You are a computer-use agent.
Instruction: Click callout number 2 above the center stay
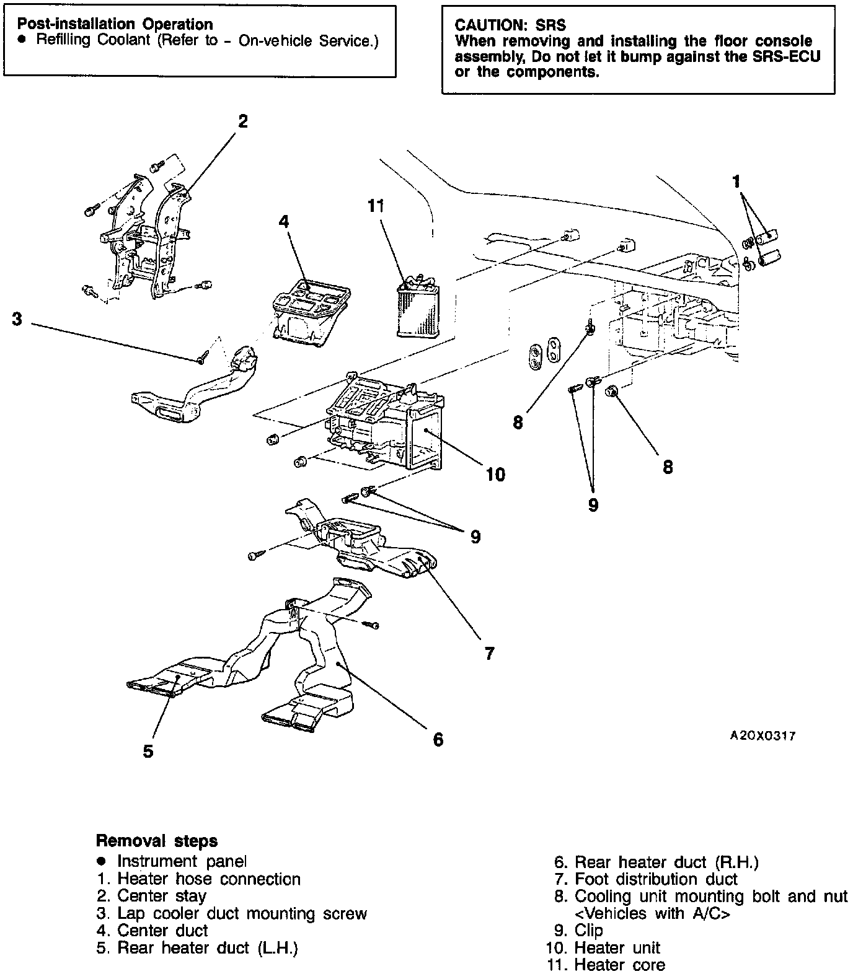[x=243, y=121]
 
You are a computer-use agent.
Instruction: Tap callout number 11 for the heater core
[x=376, y=206]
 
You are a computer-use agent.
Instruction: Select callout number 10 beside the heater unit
[x=495, y=475]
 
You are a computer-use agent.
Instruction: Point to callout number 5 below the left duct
[x=148, y=752]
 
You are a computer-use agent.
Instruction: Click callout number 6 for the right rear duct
[x=438, y=739]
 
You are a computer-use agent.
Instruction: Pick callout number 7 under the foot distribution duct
[x=489, y=653]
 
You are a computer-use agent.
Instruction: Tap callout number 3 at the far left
[x=17, y=320]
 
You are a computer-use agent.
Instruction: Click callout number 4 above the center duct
[x=284, y=221]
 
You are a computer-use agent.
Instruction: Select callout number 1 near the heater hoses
[x=736, y=182]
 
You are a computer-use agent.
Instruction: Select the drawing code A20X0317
[x=762, y=736]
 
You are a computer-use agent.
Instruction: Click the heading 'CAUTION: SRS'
[x=510, y=25]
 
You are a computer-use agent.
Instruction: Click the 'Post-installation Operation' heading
[x=115, y=24]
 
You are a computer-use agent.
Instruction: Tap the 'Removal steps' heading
[x=157, y=841]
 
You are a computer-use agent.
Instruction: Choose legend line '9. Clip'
[x=578, y=930]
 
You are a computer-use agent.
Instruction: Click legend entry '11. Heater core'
[x=606, y=965]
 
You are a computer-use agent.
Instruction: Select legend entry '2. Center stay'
[x=152, y=895]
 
